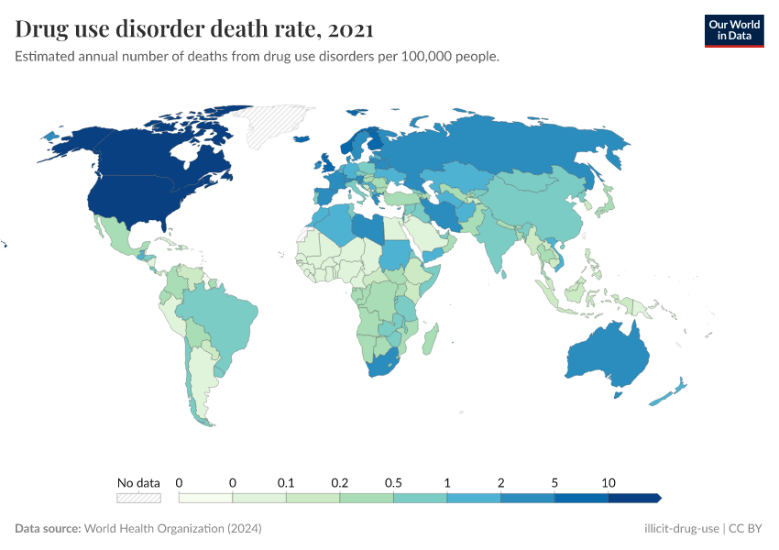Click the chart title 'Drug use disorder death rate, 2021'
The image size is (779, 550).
coord(194,29)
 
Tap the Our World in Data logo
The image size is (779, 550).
coord(733,30)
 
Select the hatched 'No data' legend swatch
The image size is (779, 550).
coord(138,498)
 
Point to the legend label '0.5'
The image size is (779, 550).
coord(393,482)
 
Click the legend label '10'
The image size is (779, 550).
coord(608,482)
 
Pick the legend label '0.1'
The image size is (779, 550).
coord(286,482)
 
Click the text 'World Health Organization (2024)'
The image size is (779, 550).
coord(172,529)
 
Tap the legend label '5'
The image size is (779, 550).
coord(554,482)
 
